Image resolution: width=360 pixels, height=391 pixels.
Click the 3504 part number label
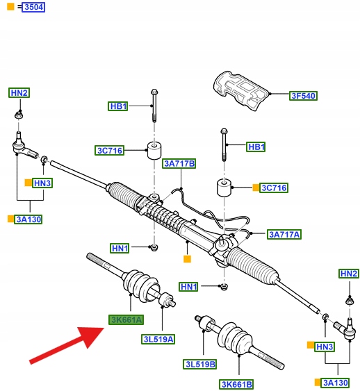[x=33, y=7]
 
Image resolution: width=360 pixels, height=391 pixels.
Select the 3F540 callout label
[x=303, y=96]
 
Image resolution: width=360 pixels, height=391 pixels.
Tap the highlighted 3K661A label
[x=126, y=319]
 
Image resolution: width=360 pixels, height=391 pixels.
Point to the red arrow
[x=67, y=344]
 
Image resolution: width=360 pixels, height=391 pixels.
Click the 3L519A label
[x=158, y=339]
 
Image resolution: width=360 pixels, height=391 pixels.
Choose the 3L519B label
[x=200, y=364]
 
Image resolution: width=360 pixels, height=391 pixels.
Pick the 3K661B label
[x=236, y=384]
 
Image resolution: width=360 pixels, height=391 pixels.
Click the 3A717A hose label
[x=284, y=235]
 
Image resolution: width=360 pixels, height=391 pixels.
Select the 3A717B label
[x=179, y=164]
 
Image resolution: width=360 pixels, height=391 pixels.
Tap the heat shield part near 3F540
[x=240, y=90]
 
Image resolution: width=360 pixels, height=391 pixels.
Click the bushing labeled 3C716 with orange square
[x=224, y=188]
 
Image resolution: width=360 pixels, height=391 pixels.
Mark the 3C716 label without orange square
[x=110, y=151]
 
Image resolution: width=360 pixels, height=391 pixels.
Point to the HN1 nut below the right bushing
[x=224, y=287]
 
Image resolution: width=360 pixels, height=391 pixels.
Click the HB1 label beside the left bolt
[x=118, y=106]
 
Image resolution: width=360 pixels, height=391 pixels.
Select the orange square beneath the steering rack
[x=187, y=259]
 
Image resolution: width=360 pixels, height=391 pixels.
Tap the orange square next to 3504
[x=10, y=6]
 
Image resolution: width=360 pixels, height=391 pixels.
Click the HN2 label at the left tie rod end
[x=19, y=93]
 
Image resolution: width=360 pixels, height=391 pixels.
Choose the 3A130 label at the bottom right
[x=335, y=383]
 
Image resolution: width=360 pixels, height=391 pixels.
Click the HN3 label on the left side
[x=42, y=183]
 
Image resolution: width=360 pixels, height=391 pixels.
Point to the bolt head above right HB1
[x=224, y=131]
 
